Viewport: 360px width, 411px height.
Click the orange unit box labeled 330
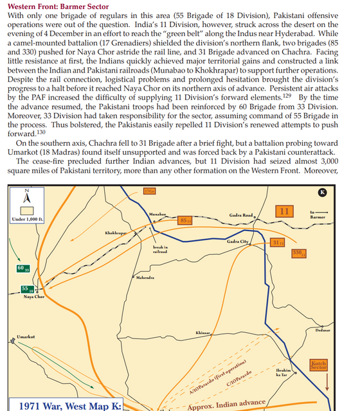click(298, 253)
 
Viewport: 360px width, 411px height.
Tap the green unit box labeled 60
click(21, 267)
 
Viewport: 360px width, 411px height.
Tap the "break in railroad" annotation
click(160, 249)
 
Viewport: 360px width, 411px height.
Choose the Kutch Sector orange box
click(319, 365)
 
